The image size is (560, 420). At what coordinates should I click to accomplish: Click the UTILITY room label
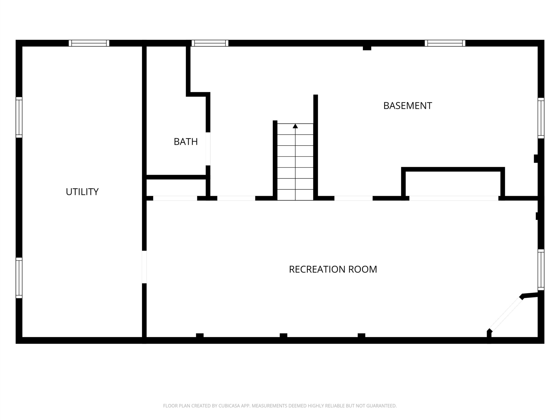point(82,192)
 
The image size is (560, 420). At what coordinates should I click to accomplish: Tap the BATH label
point(185,142)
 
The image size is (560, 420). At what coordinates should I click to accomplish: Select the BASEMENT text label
point(408,106)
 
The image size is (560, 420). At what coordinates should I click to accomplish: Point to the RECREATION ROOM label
point(333,269)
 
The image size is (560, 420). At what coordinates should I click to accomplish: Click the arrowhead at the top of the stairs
point(295,126)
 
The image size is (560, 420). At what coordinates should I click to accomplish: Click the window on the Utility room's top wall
point(89,43)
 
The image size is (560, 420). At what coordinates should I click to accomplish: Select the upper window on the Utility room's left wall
point(19,117)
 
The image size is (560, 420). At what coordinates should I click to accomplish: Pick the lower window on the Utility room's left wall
point(19,278)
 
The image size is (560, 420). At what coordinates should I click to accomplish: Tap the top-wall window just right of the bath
point(210,43)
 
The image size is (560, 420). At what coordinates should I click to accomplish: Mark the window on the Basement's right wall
point(541,118)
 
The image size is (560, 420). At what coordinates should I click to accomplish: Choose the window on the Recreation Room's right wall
point(541,270)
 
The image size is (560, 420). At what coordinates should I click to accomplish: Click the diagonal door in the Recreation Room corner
point(506,314)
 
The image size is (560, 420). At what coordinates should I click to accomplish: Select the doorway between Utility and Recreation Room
point(144,267)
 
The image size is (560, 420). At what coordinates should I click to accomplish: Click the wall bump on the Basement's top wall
point(367,48)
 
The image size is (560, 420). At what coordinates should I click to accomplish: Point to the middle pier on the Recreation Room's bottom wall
point(283,335)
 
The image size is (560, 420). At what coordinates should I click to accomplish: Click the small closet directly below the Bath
point(176,188)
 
